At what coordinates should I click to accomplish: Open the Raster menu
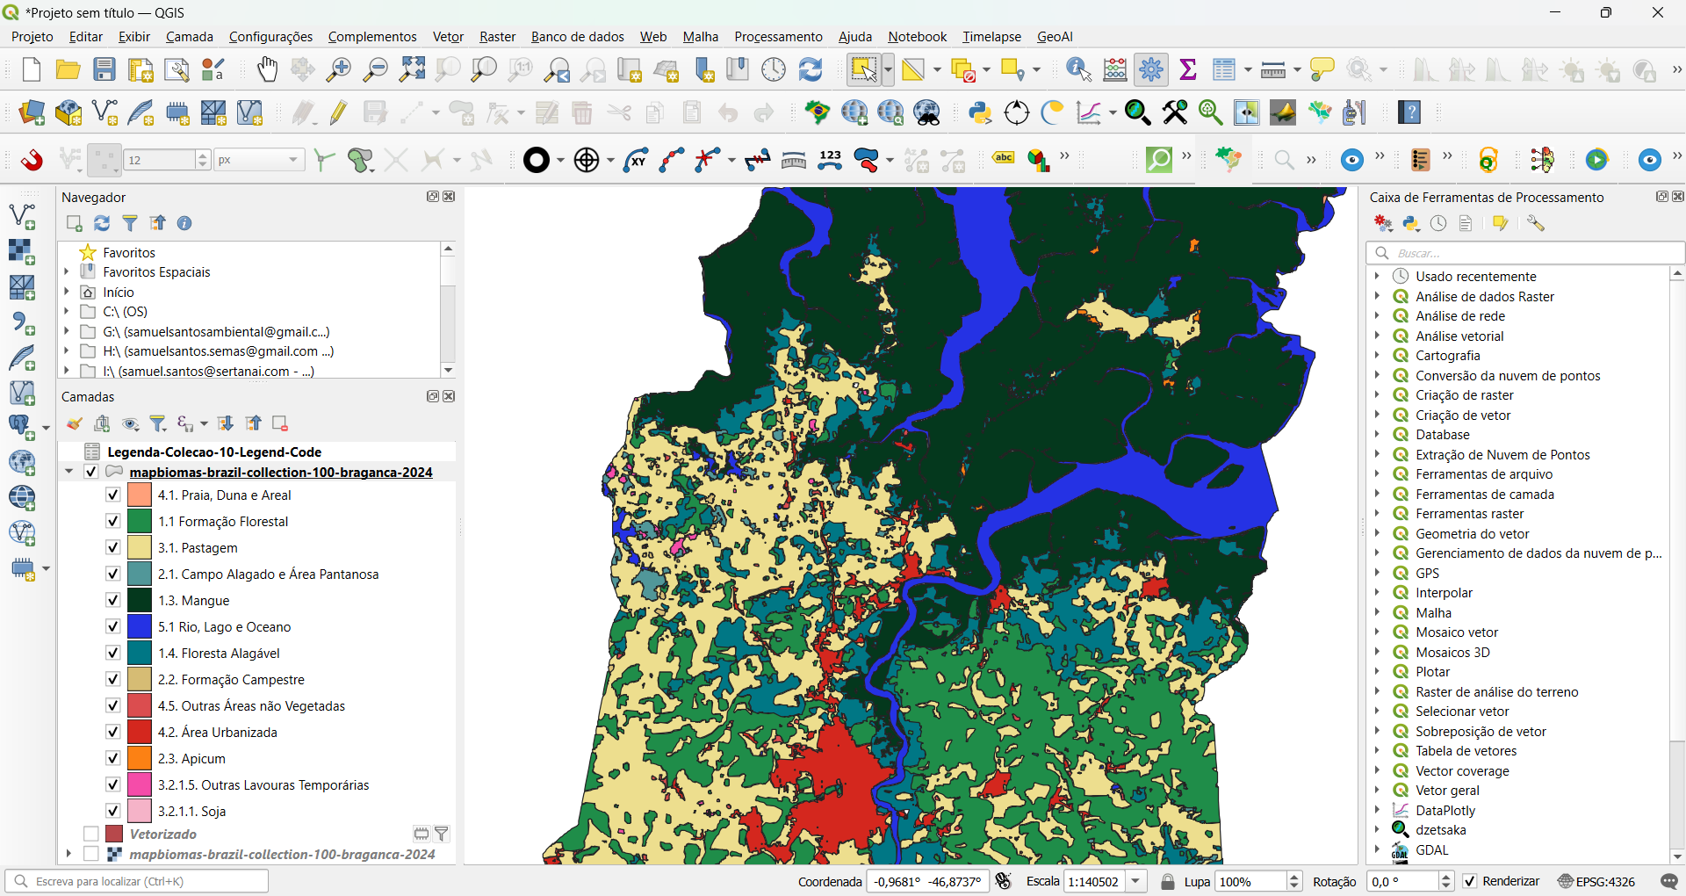click(497, 37)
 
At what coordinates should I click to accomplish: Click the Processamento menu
click(778, 37)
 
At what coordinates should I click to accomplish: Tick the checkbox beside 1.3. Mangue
click(113, 600)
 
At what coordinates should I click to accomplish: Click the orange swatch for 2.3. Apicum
click(140, 758)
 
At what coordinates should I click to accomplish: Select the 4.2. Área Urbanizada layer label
click(217, 733)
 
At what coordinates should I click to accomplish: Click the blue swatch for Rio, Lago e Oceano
click(140, 626)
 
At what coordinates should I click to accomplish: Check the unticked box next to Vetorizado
click(91, 834)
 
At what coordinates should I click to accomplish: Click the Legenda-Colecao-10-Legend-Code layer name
click(214, 452)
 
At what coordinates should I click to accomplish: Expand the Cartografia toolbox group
click(1377, 356)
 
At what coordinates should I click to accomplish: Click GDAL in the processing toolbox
click(1431, 850)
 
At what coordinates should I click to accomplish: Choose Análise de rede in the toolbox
click(1459, 316)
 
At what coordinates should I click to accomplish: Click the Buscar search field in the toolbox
click(1528, 253)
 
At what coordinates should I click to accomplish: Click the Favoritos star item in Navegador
click(128, 253)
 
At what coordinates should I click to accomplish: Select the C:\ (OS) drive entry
click(125, 312)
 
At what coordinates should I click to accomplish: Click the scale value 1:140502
click(1093, 881)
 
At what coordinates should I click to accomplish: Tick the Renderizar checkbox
click(1470, 881)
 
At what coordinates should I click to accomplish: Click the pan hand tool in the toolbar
click(267, 69)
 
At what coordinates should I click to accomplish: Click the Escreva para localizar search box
click(140, 881)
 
